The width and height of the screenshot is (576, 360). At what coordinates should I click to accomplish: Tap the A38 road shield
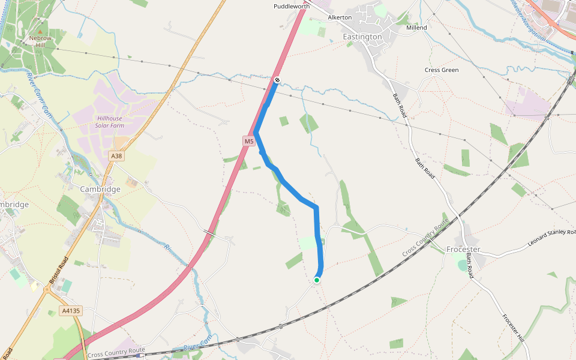(x=116, y=156)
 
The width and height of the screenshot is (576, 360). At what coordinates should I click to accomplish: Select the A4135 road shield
(x=71, y=311)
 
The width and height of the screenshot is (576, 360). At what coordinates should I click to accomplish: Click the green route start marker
(x=317, y=280)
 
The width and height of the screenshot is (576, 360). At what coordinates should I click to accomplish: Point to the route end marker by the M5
(x=277, y=80)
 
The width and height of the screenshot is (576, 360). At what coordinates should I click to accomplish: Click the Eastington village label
(x=362, y=37)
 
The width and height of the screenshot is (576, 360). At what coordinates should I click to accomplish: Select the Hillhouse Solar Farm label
(x=109, y=122)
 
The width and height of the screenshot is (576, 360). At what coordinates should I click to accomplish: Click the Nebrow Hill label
(x=40, y=42)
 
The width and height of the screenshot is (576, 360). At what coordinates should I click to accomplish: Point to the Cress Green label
(x=442, y=70)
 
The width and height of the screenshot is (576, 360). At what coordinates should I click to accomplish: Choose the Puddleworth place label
(x=291, y=6)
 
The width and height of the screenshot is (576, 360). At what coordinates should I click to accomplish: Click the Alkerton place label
(x=340, y=17)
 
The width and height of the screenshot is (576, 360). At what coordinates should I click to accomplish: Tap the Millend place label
(x=416, y=28)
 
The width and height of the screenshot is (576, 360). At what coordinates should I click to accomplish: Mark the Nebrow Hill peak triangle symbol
(x=40, y=31)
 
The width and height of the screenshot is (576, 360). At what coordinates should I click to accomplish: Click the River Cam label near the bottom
(x=199, y=346)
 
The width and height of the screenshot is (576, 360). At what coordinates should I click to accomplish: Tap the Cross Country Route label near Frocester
(x=425, y=238)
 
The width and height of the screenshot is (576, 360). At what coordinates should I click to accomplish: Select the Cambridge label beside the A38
(x=100, y=189)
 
